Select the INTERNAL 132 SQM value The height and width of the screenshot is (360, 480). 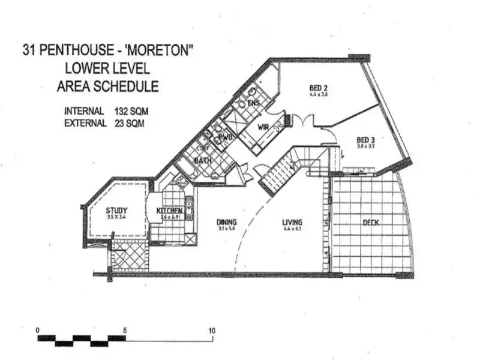pyautogui.click(x=129, y=111)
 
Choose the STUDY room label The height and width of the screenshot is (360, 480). pyautogui.click(x=116, y=211)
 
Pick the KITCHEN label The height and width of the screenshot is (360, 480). pyautogui.click(x=169, y=211)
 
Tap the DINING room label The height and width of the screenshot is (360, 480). pyautogui.click(x=226, y=222)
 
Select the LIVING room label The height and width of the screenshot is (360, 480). pyautogui.click(x=292, y=222)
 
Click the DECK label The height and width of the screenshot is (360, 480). pyautogui.click(x=371, y=223)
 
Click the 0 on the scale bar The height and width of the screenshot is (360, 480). pyautogui.click(x=38, y=330)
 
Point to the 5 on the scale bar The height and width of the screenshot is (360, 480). pyautogui.click(x=125, y=330)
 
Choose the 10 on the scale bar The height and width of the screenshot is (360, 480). pyautogui.click(x=212, y=330)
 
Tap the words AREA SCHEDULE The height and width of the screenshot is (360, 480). pyautogui.click(x=108, y=86)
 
